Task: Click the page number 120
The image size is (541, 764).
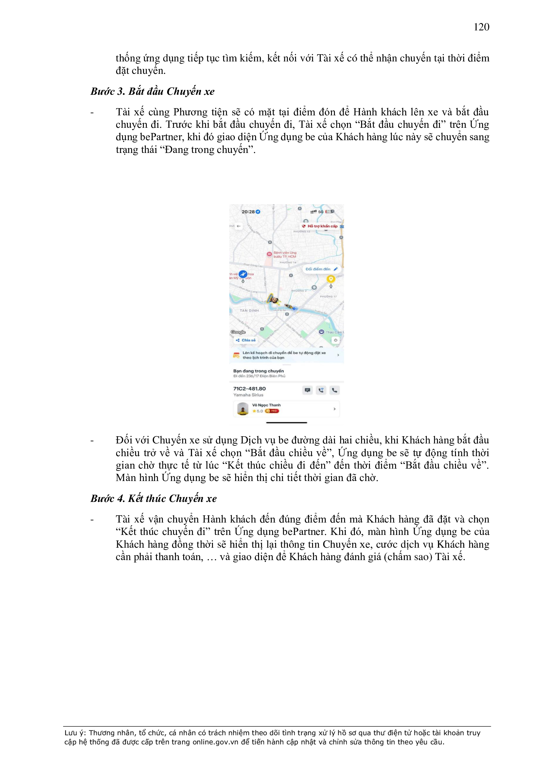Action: pyautogui.click(x=481, y=27)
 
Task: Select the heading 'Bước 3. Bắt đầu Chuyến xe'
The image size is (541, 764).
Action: pyautogui.click(x=152, y=91)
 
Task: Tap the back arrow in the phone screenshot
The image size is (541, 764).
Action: pyautogui.click(x=238, y=226)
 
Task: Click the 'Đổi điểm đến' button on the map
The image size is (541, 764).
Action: pyautogui.click(x=321, y=269)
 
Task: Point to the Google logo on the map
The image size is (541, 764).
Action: pyautogui.click(x=238, y=332)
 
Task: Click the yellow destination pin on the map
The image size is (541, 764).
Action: pyautogui.click(x=330, y=279)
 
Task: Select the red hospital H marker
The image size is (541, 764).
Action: pyautogui.click(x=269, y=254)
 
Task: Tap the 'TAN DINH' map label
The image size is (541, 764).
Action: pyautogui.click(x=249, y=310)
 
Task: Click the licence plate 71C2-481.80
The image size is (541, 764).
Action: pyautogui.click(x=250, y=388)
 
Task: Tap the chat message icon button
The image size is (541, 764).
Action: pyautogui.click(x=307, y=390)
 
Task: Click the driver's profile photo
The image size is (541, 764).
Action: pyautogui.click(x=243, y=408)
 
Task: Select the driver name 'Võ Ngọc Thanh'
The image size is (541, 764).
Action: pyautogui.click(x=266, y=405)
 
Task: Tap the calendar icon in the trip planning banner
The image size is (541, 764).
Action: pyautogui.click(x=236, y=355)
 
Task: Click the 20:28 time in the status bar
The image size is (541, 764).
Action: pyautogui.click(x=248, y=212)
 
